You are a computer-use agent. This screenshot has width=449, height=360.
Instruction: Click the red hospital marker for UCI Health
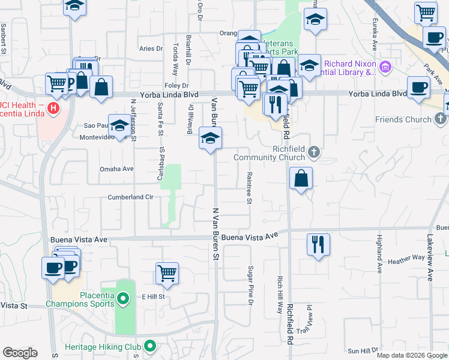(x=53, y=109)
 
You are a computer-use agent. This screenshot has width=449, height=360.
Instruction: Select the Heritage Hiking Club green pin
(x=150, y=346)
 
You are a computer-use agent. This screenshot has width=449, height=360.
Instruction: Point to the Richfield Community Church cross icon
(x=313, y=154)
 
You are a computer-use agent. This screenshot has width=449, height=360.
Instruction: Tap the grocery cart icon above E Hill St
(x=167, y=273)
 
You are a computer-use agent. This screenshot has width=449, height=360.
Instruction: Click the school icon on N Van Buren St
(x=210, y=138)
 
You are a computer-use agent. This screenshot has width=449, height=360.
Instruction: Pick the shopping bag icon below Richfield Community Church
(x=301, y=178)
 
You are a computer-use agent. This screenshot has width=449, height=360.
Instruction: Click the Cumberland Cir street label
(x=131, y=197)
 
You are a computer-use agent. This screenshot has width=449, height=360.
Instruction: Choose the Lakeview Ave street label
(x=430, y=258)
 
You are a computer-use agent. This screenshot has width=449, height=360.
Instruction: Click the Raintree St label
(x=248, y=187)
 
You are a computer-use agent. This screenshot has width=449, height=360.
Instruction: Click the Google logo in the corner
(x=20, y=353)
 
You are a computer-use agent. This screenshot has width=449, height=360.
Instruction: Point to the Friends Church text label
(x=403, y=119)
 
